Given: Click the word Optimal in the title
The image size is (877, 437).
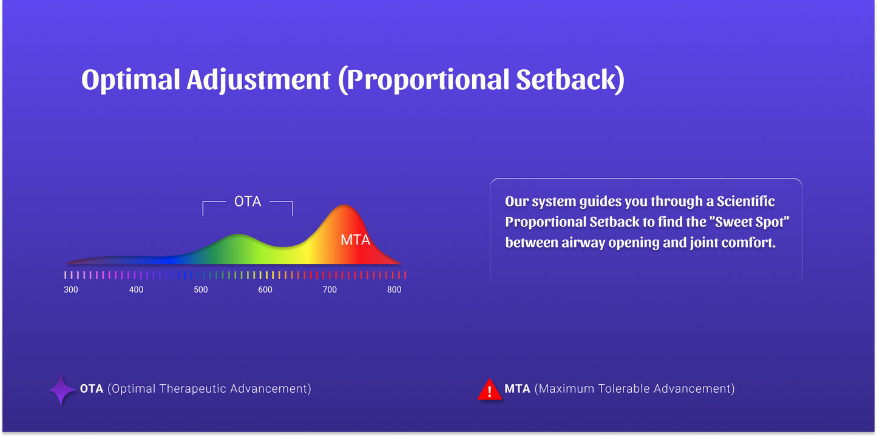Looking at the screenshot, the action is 130,80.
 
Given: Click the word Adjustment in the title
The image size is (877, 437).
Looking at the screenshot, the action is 259,80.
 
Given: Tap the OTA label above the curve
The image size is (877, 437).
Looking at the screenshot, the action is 248,202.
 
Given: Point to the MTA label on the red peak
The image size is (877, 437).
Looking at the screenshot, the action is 355,240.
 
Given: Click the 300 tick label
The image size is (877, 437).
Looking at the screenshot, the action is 71,290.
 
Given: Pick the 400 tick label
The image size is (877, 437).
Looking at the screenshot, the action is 136,290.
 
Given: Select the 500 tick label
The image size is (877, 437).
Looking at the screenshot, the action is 201,290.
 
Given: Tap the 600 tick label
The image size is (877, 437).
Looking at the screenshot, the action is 265,290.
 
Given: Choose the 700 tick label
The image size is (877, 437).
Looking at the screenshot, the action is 330,290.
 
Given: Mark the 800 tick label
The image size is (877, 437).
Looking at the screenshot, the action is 394,290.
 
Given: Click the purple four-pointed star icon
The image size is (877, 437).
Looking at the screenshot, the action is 61,390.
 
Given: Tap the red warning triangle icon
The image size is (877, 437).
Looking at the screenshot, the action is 489,390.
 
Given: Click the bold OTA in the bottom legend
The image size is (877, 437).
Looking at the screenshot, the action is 92,389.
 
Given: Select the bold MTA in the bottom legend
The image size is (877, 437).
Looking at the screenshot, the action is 517,389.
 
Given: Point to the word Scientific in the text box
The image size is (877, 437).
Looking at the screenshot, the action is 745,202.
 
